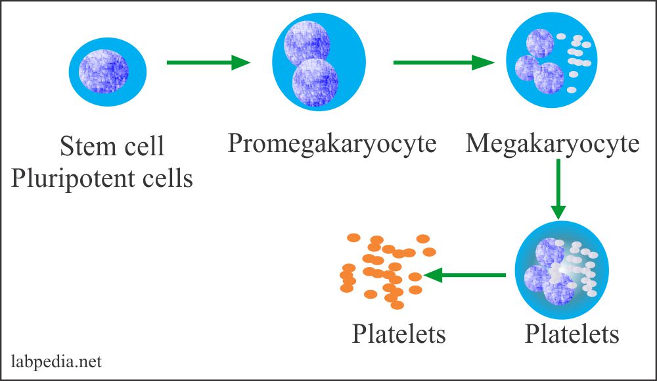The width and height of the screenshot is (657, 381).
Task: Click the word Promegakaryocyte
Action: click(332, 143)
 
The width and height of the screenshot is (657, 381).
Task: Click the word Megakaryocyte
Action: click(553, 143)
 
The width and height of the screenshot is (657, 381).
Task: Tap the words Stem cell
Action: click(112, 146)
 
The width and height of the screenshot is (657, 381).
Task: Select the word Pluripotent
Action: click(72, 178)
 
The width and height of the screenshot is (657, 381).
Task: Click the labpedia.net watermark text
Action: click(57, 361)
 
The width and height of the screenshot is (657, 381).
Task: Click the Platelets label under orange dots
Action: click(399, 334)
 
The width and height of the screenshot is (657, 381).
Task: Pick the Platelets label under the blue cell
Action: click(572, 334)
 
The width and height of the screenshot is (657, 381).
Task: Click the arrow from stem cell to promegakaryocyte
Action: click(208, 63)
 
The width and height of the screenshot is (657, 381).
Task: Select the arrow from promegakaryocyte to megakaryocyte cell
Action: click(443, 63)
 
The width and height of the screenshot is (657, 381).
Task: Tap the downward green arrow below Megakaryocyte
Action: click(558, 190)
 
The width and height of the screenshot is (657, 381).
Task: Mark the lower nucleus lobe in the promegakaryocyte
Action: click(316, 82)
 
